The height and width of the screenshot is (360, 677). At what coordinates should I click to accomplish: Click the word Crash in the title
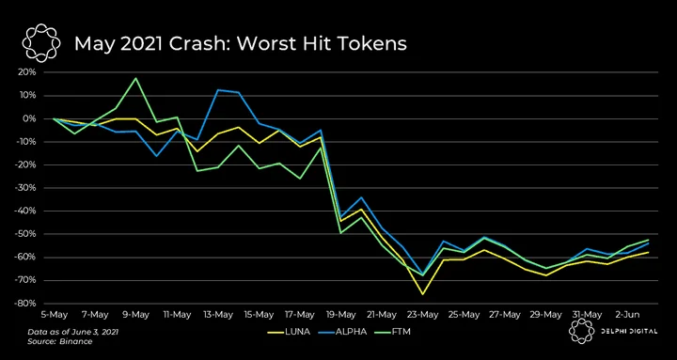point(200,43)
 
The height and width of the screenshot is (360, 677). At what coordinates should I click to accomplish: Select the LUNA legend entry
point(289,332)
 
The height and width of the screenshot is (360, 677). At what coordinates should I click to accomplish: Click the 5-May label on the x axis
point(55,315)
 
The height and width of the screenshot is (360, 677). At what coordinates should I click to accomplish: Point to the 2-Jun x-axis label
point(628,315)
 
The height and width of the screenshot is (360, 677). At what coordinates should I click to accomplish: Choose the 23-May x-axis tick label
point(423,315)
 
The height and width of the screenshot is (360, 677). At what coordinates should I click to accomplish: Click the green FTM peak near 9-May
point(136,78)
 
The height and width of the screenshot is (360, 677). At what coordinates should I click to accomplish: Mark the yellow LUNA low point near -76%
point(422,294)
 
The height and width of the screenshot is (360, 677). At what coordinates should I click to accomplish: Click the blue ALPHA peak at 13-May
point(218,90)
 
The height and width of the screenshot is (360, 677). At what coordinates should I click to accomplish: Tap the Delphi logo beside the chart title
point(41,43)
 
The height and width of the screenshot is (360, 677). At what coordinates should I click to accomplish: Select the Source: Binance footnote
point(59,341)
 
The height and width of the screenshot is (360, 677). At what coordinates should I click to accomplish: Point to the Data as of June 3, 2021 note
point(73,333)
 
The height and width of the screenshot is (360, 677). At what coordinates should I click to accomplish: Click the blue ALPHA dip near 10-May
point(156,156)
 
